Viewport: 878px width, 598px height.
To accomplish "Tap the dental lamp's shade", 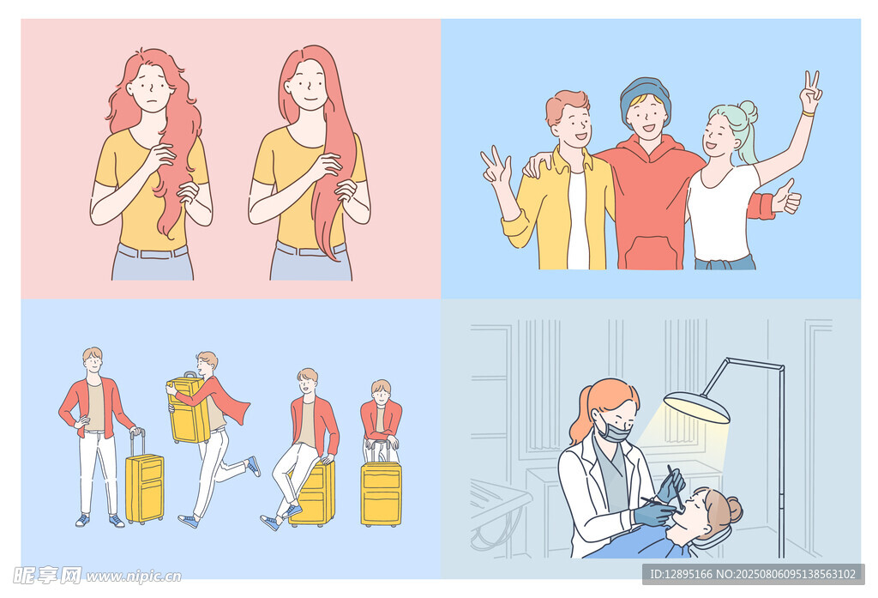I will [696, 407].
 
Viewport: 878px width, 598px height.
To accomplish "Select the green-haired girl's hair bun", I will [748, 111].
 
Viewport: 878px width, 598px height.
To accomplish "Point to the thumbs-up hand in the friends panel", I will [785, 200].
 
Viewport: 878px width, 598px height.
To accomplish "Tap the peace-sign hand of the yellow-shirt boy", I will [495, 168].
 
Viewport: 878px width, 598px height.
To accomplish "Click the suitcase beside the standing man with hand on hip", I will [144, 486].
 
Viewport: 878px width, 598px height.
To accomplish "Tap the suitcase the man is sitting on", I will [314, 494].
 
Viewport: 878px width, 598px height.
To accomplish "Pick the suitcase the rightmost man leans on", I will [381, 493].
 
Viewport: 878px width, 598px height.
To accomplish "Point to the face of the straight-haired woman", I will [307, 84].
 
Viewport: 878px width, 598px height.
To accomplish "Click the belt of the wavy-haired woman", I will [152, 252].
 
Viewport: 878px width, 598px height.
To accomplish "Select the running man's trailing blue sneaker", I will [254, 466].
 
